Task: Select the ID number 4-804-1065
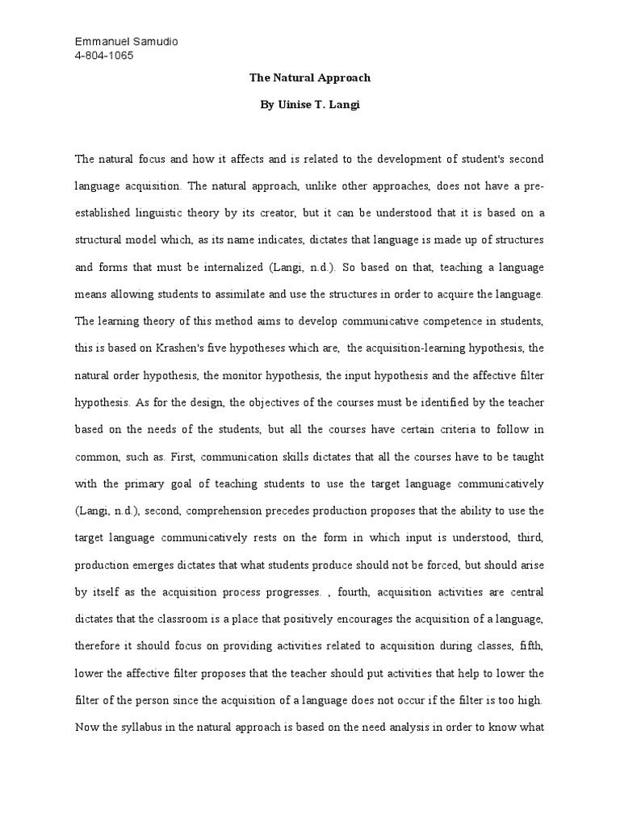(104, 56)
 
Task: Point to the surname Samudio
(157, 42)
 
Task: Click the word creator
(363, 213)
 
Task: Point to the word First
(178, 457)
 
